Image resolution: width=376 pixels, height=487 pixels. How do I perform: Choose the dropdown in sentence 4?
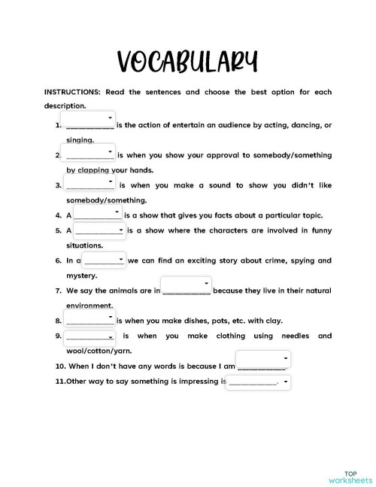tap(98, 214)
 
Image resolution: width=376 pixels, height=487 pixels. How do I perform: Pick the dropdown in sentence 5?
tap(99, 229)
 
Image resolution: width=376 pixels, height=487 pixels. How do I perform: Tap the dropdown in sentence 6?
tap(105, 260)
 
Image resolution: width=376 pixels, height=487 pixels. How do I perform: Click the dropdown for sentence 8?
tap(89, 320)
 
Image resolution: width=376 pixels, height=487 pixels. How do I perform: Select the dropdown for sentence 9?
tap(89, 336)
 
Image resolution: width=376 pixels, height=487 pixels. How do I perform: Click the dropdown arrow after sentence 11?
tap(287, 382)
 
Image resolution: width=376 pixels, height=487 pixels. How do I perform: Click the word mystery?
tap(82, 275)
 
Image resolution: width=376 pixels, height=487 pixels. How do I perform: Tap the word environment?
tap(89, 306)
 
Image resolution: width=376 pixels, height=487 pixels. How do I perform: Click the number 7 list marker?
tap(59, 291)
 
